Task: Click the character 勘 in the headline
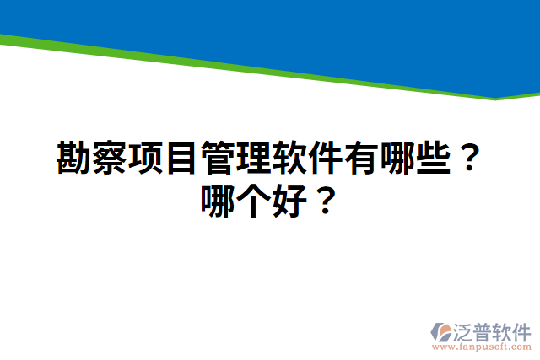pos(74,158)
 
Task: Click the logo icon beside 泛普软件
pos(442,331)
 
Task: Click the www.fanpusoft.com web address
pos(482,347)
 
